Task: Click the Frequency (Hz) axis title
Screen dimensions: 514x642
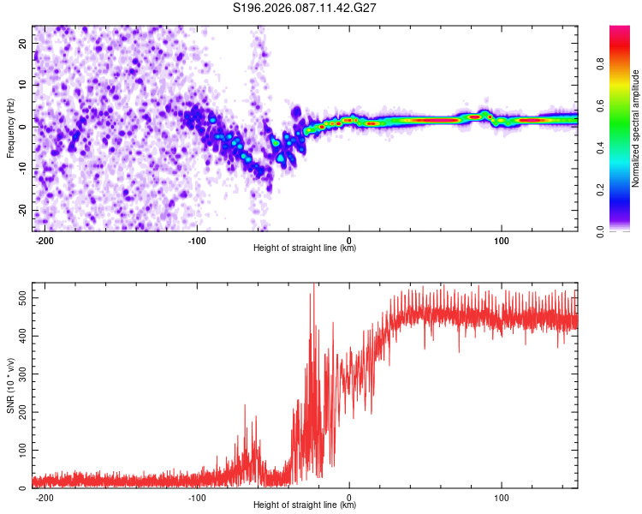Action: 10,128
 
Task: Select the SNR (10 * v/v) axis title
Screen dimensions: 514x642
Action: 10,385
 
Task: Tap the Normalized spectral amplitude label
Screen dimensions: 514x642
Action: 636,128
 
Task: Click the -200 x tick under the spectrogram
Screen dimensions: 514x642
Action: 45,239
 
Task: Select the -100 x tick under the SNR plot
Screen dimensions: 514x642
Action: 197,496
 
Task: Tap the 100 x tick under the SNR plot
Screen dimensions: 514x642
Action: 502,496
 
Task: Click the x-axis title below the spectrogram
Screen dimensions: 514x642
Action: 305,248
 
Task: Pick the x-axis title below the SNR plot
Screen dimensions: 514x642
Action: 305,505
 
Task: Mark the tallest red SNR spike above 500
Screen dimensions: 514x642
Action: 314,286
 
